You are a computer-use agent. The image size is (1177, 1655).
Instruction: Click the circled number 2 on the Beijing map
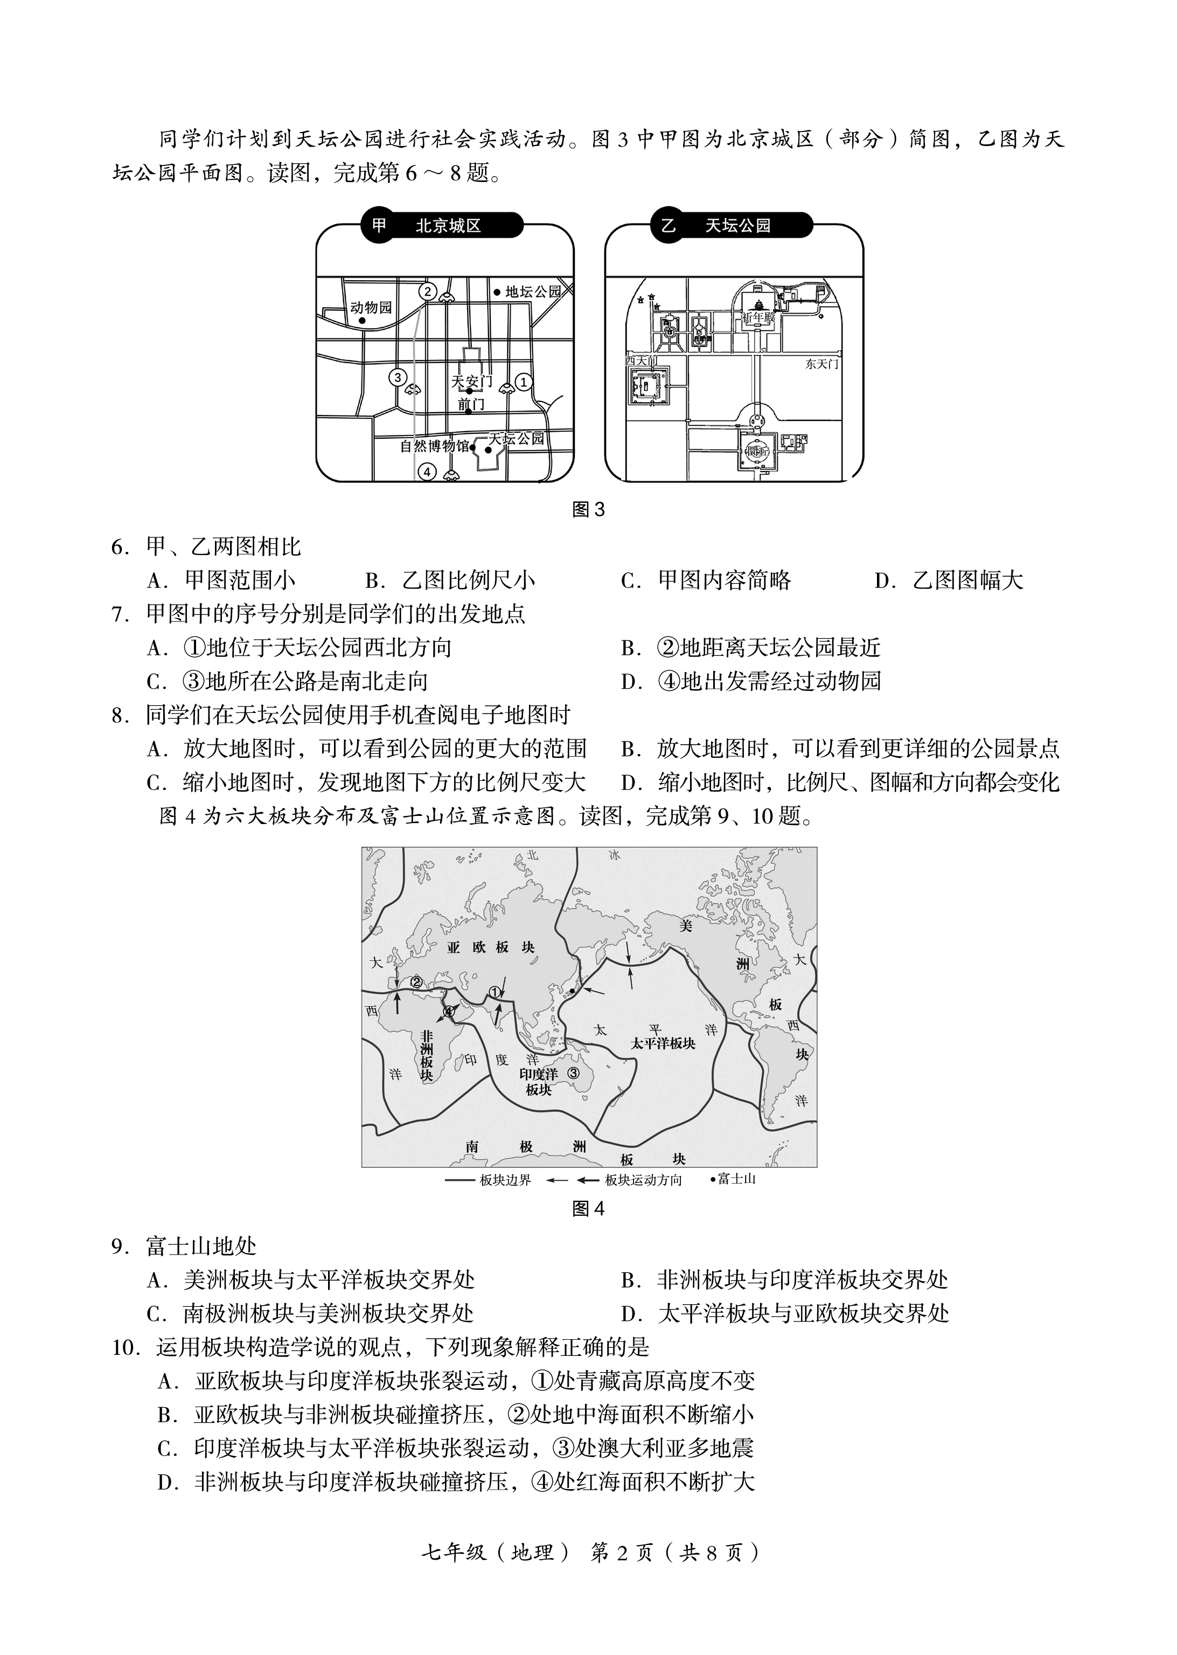428,292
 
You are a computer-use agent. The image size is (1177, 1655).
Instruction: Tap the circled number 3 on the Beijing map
397,378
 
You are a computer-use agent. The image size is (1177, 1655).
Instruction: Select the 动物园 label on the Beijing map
371,307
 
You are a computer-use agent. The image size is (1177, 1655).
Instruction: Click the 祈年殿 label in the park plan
759,317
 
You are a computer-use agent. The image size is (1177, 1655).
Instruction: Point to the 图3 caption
588,510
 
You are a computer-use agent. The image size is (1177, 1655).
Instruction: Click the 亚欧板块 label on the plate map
490,947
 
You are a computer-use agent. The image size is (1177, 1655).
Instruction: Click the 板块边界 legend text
505,1180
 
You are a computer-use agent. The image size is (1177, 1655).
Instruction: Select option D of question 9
785,1313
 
